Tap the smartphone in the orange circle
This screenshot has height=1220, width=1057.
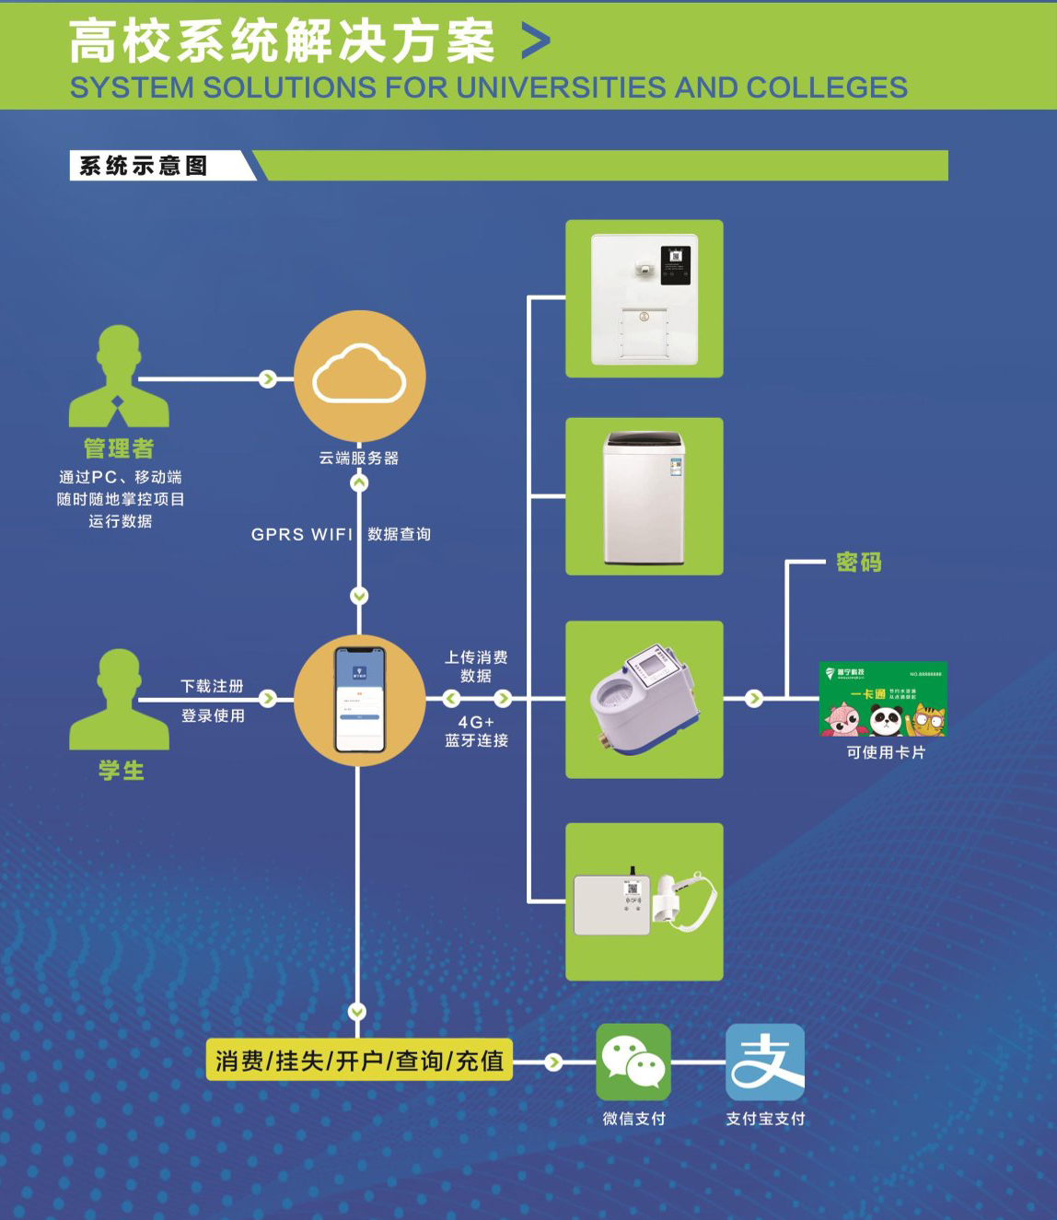tap(359, 700)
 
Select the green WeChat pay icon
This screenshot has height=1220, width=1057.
tap(633, 1062)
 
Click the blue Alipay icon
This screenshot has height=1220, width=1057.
tap(765, 1062)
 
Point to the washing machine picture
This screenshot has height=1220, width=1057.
tap(645, 497)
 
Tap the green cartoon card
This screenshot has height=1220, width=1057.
tap(883, 699)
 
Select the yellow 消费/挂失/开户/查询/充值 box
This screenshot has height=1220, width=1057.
tap(359, 1061)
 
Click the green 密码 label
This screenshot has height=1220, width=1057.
tap(858, 562)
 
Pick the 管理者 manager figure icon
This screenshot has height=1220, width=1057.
tap(119, 378)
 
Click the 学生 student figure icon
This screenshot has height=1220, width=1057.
tap(119, 700)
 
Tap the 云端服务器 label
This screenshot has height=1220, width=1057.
tap(359, 458)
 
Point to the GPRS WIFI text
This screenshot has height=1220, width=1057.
tap(302, 534)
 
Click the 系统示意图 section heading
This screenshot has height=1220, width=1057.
tap(144, 166)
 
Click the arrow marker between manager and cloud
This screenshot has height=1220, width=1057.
tap(268, 378)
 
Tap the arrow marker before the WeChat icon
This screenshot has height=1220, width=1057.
tap(553, 1062)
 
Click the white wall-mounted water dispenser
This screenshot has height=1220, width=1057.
tap(645, 298)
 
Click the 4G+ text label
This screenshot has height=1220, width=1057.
tap(476, 722)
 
